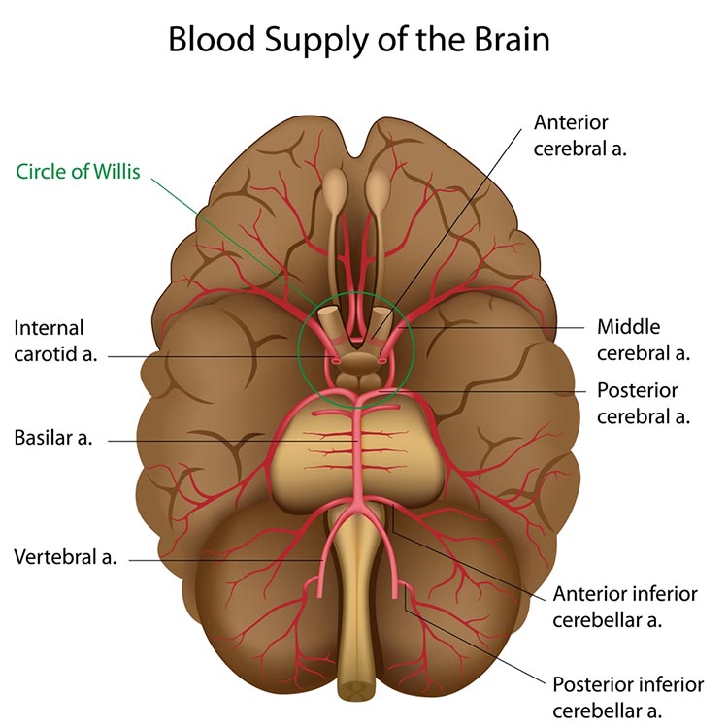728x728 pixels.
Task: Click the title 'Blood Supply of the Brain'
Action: pos(359,40)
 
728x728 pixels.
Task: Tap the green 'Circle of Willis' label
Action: pos(79,173)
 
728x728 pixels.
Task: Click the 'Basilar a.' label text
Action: pos(53,438)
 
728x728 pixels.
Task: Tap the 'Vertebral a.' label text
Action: pos(65,557)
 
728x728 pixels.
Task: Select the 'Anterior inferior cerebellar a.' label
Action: pos(624,606)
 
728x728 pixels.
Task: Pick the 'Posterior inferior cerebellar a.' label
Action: pos(627,697)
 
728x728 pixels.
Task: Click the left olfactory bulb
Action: pos(335,189)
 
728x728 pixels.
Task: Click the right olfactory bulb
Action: pos(379,189)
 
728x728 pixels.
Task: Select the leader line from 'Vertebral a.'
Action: pos(223,559)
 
